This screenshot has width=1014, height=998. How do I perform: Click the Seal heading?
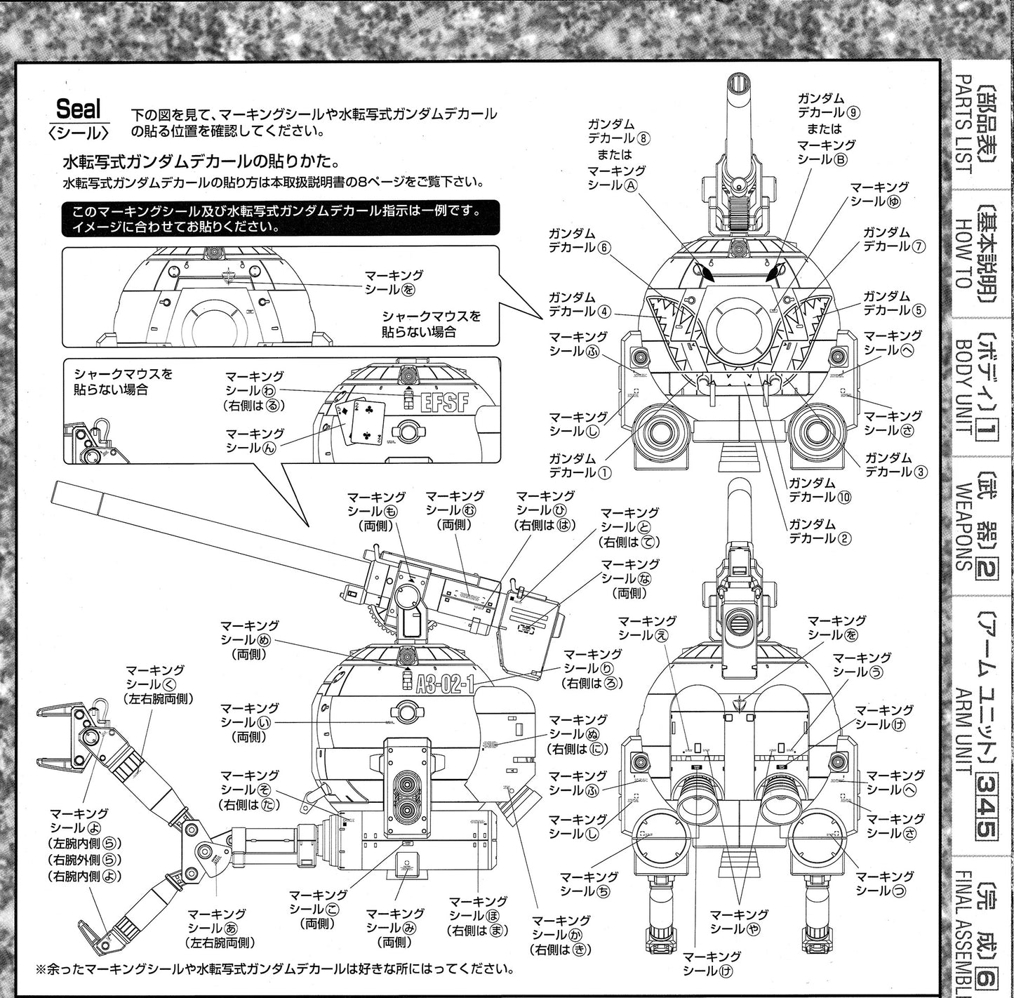[x=79, y=109]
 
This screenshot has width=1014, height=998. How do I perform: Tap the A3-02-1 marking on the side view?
[x=445, y=684]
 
